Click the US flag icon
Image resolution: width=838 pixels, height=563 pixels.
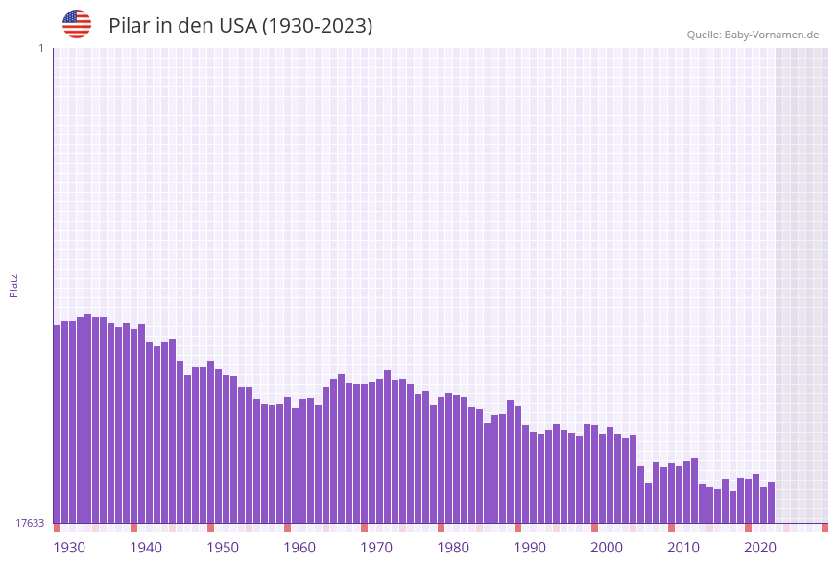point(77,24)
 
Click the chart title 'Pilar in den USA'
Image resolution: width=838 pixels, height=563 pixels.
point(240,26)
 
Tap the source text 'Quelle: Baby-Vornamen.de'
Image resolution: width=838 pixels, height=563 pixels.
point(753,35)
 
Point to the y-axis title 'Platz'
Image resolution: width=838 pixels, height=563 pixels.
point(14,285)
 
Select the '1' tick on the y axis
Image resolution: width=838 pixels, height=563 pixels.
point(40,48)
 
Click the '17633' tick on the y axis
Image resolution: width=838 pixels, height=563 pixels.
point(30,523)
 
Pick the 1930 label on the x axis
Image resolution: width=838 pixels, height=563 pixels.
point(69,548)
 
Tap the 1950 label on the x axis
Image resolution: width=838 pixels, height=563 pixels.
point(223,548)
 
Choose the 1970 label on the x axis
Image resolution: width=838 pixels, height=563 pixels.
point(376,548)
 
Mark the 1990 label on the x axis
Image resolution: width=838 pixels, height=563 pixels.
point(530,548)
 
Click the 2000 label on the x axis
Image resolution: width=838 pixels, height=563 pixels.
point(607,548)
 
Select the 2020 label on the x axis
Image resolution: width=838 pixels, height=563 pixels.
point(760,548)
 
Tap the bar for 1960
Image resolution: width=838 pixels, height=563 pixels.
point(287,460)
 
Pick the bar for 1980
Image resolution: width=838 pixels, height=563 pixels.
point(441,460)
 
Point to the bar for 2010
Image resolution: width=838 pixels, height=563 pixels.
point(671,493)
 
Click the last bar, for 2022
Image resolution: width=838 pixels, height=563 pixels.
point(771,503)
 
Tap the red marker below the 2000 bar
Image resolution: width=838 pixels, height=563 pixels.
point(594,528)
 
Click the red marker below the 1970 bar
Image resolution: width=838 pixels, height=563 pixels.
point(364,528)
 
